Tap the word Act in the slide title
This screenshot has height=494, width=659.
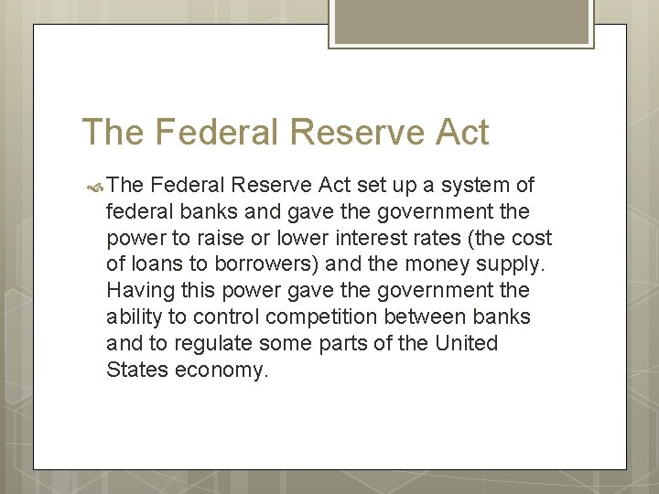pyautogui.click(x=462, y=133)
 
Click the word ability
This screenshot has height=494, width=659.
pyautogui.click(x=134, y=317)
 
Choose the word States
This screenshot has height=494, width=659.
pyautogui.click(x=135, y=370)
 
